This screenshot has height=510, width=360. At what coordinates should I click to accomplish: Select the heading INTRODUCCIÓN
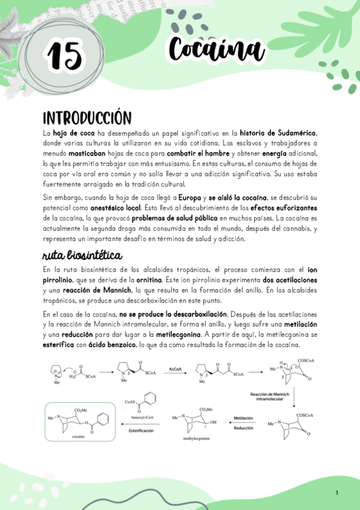(x=87, y=117)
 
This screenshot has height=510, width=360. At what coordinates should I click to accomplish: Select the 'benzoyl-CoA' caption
(x=137, y=415)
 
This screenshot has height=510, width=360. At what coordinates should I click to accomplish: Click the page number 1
(x=337, y=493)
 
